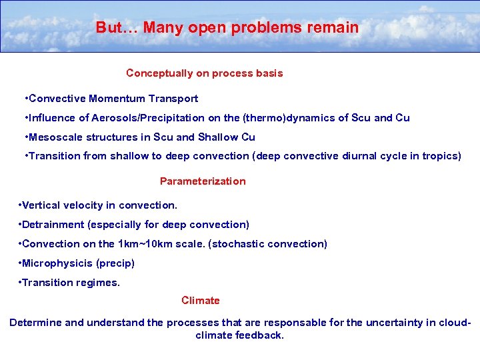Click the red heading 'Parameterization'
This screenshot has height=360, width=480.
203,181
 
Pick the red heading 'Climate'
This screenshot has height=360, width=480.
200,301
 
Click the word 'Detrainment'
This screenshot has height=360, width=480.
53,225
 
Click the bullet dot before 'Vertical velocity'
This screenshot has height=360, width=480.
20,205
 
